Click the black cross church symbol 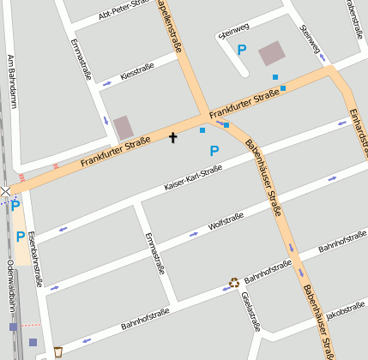[172, 137]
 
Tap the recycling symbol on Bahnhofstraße [233, 282]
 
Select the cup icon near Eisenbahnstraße [57, 351]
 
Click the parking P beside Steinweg [242, 51]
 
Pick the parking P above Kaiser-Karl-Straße [214, 151]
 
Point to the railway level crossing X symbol [6, 191]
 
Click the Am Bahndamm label [12, 81]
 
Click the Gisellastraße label [250, 311]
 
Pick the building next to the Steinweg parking [272, 53]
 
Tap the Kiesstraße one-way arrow [106, 83]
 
